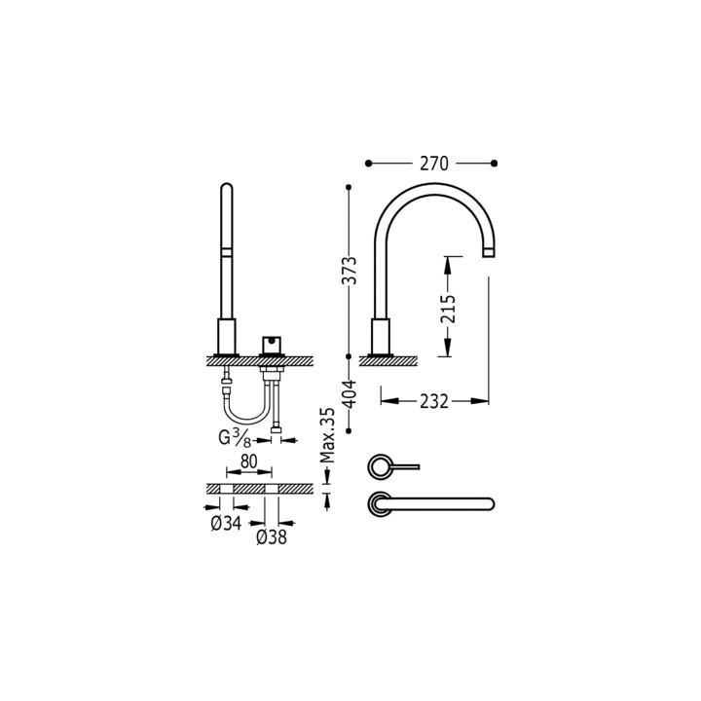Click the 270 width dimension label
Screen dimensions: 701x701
[434, 164]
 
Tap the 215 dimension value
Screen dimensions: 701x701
[447, 309]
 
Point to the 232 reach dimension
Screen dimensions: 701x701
[434, 400]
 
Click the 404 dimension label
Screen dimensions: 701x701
[350, 392]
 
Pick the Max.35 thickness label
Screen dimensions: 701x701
[328, 435]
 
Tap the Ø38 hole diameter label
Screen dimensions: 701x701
[271, 536]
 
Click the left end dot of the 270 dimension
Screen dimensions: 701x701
[369, 163]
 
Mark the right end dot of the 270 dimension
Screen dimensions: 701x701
[495, 163]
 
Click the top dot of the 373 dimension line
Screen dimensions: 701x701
[350, 186]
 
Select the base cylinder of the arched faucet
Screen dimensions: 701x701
[382, 337]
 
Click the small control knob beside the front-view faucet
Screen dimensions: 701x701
[270, 345]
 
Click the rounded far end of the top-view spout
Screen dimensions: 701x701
[489, 503]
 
